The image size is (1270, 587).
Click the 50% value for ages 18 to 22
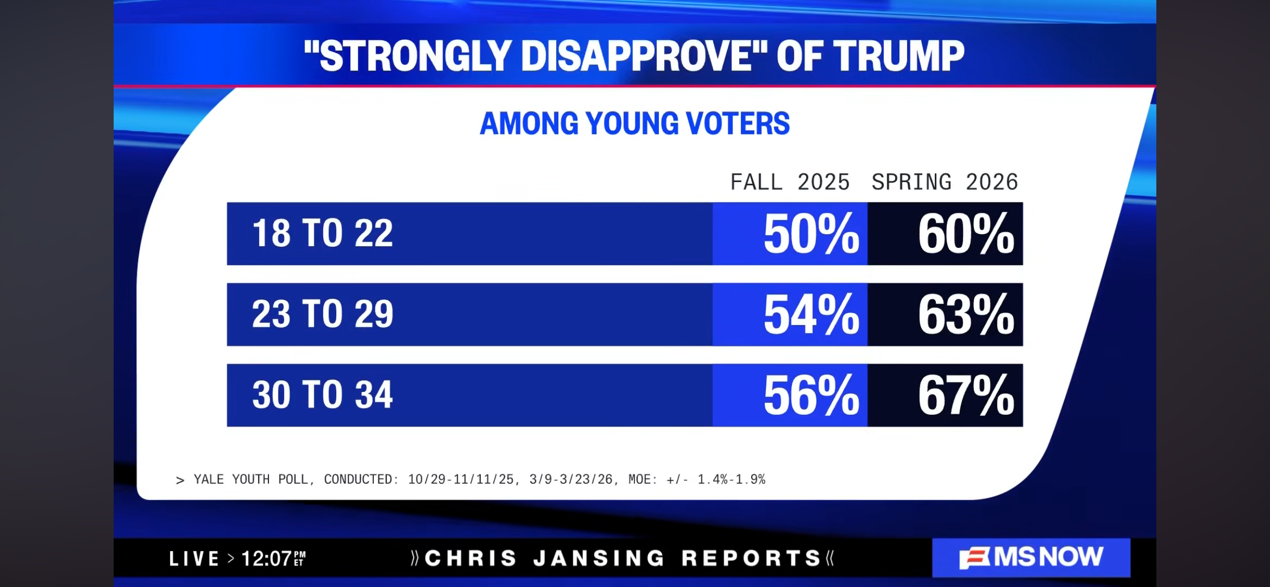811,234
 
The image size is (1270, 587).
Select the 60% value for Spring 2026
966,234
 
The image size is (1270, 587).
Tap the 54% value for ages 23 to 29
811,315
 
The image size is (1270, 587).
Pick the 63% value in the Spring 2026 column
966,315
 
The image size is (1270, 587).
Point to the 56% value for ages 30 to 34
811,396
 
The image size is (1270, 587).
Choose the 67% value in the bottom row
966,396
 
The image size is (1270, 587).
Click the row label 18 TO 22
322,233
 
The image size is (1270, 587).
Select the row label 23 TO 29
322,314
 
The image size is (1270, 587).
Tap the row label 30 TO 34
322,395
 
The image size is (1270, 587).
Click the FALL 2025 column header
790,182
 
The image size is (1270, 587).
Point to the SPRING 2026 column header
945,182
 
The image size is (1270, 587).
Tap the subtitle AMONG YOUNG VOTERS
634,124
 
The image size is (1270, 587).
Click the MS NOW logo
1031,557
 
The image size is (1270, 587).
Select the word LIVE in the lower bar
194,558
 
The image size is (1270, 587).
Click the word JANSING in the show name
599,558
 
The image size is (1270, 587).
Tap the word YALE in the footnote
209,480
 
